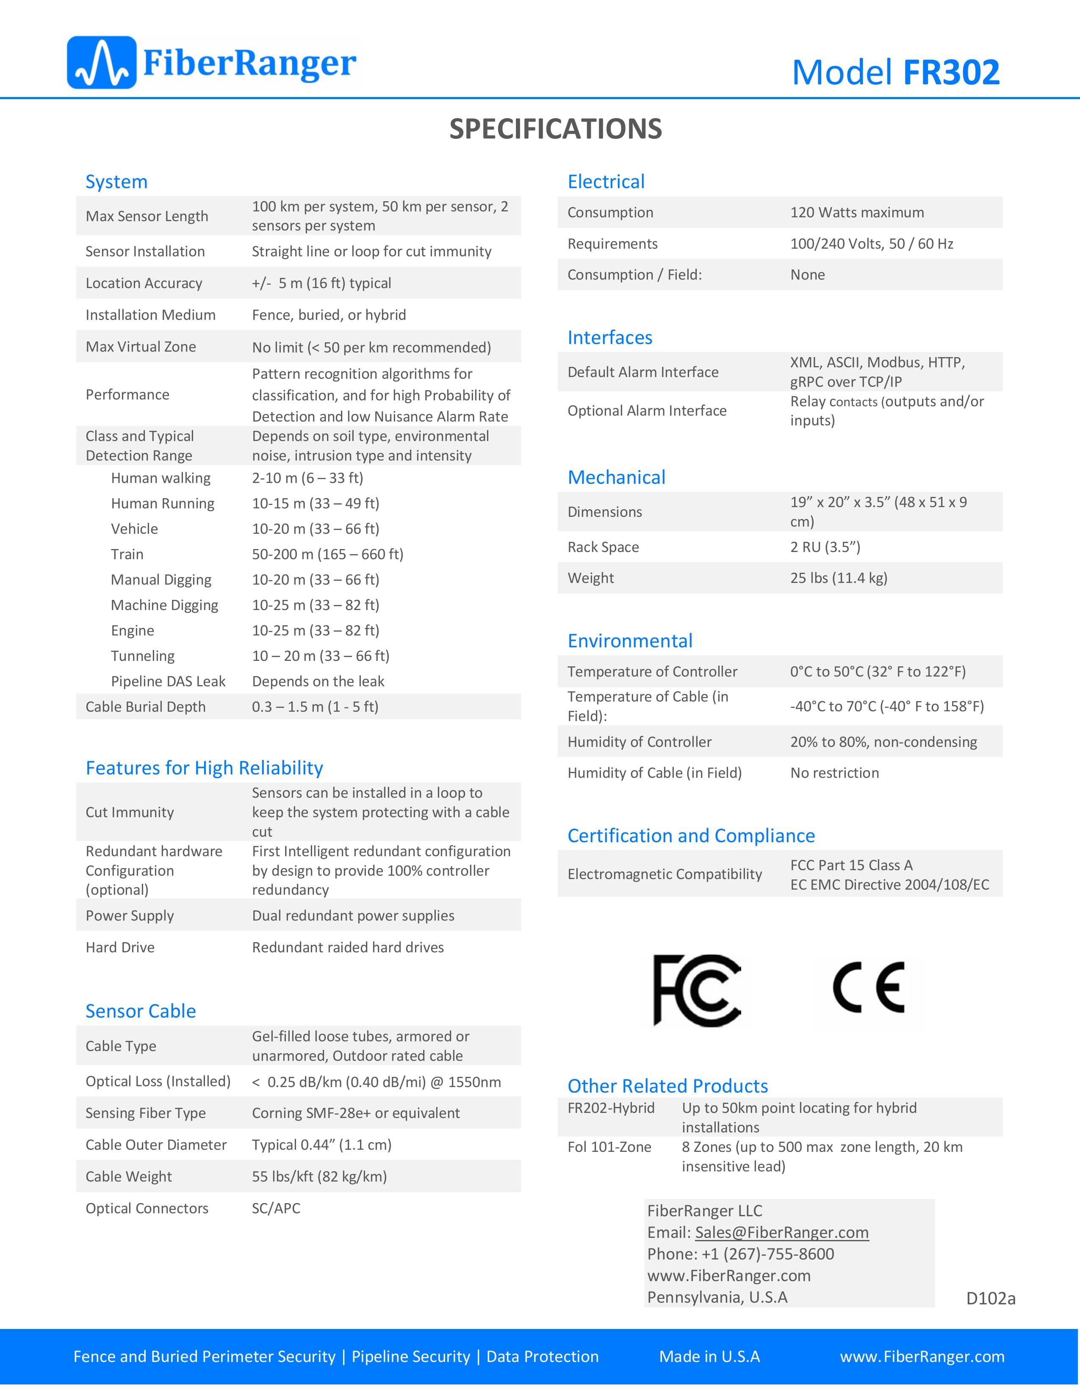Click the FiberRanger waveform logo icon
tap(101, 63)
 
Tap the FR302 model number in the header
tap(951, 72)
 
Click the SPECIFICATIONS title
tap(555, 129)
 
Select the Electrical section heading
tap(606, 182)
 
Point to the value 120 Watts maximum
tap(857, 213)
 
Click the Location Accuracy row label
tap(144, 283)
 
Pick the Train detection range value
tap(327, 555)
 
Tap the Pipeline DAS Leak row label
tap(168, 681)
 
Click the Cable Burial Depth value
tap(315, 707)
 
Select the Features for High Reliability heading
tap(204, 768)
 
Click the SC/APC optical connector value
tap(276, 1208)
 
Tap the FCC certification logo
tap(697, 990)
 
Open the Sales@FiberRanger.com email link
tap(781, 1232)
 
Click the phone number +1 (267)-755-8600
tap(767, 1254)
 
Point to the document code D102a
tap(991, 1298)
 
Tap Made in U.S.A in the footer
tap(709, 1356)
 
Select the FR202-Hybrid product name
tap(611, 1108)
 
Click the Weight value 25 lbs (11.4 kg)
tap(838, 578)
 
